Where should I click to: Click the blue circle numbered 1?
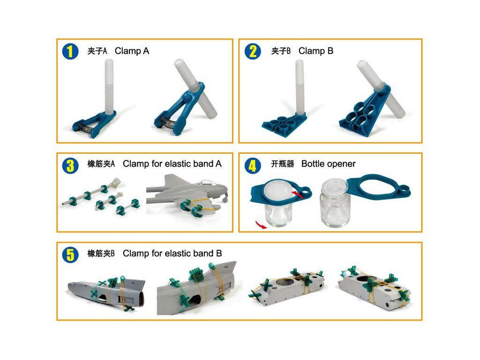(x=70, y=52)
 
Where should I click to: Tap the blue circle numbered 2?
(x=253, y=52)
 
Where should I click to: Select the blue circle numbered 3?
(x=70, y=165)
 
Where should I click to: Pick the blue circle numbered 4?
(x=253, y=165)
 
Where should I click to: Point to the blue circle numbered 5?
(x=70, y=255)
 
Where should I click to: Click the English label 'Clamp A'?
(x=132, y=51)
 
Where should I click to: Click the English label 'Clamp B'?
(x=316, y=51)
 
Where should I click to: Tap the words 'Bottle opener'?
(x=329, y=164)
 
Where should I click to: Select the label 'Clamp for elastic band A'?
(x=172, y=164)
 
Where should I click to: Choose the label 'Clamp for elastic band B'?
(x=172, y=254)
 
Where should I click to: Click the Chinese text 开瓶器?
(x=282, y=164)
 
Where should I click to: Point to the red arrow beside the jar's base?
(x=261, y=225)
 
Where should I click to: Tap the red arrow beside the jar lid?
(x=297, y=194)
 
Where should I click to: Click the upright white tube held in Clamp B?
(x=300, y=87)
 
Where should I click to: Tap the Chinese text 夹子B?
(x=281, y=51)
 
